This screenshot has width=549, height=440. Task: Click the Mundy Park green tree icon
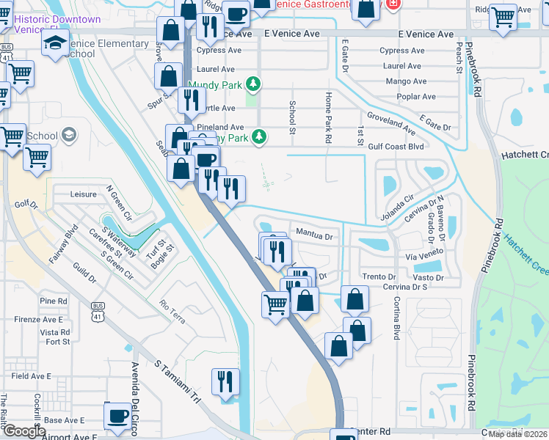(253, 84)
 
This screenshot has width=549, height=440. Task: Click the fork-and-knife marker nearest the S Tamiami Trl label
(225, 382)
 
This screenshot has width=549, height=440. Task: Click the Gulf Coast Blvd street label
(397, 146)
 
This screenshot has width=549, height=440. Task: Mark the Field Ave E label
(31, 375)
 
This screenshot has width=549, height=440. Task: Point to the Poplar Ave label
(415, 97)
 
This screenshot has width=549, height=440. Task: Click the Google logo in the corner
(24, 432)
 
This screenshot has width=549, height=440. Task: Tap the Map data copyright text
(517, 434)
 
